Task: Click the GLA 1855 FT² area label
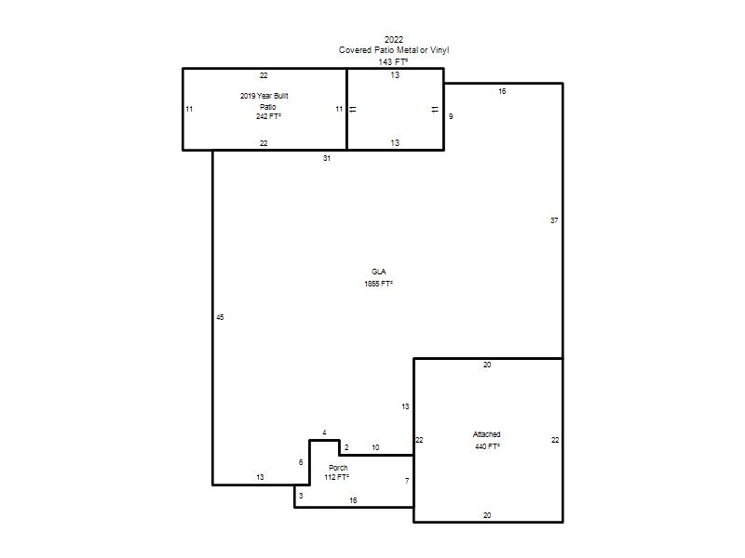click(x=378, y=277)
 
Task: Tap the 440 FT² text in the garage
click(x=487, y=446)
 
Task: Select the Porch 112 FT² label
click(x=337, y=472)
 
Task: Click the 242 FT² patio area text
click(x=268, y=116)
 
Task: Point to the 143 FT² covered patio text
click(x=393, y=61)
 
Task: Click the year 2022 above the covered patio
click(x=394, y=39)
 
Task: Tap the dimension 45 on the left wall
click(x=220, y=317)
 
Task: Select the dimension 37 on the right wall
click(x=554, y=220)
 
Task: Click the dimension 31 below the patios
click(x=327, y=158)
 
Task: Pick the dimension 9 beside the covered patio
click(x=451, y=116)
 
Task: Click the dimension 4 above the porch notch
click(x=324, y=432)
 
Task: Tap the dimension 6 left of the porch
click(x=301, y=462)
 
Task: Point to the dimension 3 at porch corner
click(x=301, y=496)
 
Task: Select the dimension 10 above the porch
click(x=375, y=447)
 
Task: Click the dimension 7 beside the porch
click(x=407, y=481)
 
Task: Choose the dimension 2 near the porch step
click(x=346, y=447)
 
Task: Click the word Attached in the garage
click(x=486, y=434)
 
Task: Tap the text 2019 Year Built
click(x=264, y=96)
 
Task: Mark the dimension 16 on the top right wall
click(x=502, y=91)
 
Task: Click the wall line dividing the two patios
click(x=346, y=109)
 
